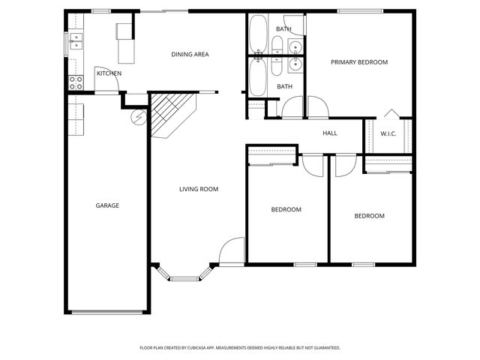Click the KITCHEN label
[x=109, y=73]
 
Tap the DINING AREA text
[x=190, y=54]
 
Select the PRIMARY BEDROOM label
[x=359, y=62]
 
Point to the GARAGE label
[x=106, y=205]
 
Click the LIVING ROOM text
[x=198, y=190]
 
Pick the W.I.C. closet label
[x=388, y=133]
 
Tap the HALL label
[x=330, y=133]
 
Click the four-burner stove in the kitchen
[x=76, y=82]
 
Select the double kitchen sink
[x=76, y=41]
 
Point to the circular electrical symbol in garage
[x=138, y=117]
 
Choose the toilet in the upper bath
[x=277, y=44]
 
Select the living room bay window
[x=184, y=275]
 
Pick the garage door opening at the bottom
[x=106, y=311]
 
